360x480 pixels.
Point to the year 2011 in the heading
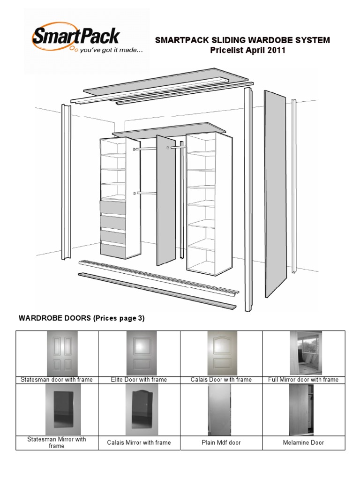[x=277, y=50]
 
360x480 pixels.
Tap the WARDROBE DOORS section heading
[x=82, y=318]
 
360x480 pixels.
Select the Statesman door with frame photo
[x=62, y=353]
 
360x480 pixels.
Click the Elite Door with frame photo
[x=142, y=353]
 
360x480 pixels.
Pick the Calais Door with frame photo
[x=222, y=353]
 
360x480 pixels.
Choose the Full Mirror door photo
[x=306, y=353]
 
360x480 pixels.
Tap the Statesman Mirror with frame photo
[x=63, y=410]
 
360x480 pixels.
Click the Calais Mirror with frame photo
[x=142, y=410]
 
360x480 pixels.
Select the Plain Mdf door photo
[x=219, y=410]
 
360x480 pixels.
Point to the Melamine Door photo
[x=301, y=410]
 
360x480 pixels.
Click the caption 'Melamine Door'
[x=303, y=442]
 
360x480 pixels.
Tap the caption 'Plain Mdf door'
[x=221, y=442]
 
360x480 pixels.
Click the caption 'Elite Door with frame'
[x=139, y=380]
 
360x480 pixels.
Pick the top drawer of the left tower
[x=113, y=207]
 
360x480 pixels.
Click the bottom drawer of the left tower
[x=113, y=250]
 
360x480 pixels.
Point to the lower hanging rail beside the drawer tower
[x=145, y=193]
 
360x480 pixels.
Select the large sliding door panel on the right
[x=275, y=194]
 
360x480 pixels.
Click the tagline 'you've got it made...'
[x=111, y=50]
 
